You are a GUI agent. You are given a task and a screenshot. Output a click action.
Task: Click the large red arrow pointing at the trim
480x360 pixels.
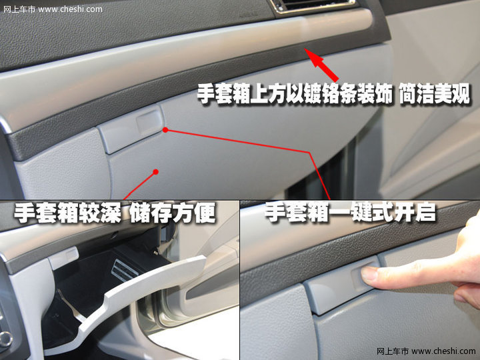pyautogui.click(x=321, y=65)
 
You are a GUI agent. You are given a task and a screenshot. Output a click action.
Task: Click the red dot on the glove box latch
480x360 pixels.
pyautogui.click(x=165, y=130)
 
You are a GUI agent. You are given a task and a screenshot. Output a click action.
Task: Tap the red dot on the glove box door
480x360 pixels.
pyautogui.click(x=155, y=172)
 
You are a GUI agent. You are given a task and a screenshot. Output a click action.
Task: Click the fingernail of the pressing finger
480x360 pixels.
pyautogui.click(x=369, y=273)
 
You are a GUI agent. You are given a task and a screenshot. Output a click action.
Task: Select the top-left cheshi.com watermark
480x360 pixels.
pyautogui.click(x=53, y=9)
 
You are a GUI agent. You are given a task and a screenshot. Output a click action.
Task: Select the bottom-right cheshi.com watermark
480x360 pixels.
pyautogui.click(x=426, y=351)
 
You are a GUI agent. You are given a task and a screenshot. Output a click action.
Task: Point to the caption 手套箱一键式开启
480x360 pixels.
pyautogui.click(x=350, y=212)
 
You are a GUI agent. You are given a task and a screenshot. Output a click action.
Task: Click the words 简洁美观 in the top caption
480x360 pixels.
pyautogui.click(x=435, y=94)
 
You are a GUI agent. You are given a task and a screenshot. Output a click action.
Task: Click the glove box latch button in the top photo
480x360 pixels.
pyautogui.click(x=131, y=129)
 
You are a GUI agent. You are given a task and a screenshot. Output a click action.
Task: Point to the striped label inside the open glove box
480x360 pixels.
pyautogui.click(x=124, y=270)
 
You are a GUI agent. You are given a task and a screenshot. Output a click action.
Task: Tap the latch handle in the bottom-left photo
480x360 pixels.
pyautogui.click(x=63, y=258)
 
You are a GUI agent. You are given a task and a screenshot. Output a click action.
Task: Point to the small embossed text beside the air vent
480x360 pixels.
pyautogui.click(x=249, y=15)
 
